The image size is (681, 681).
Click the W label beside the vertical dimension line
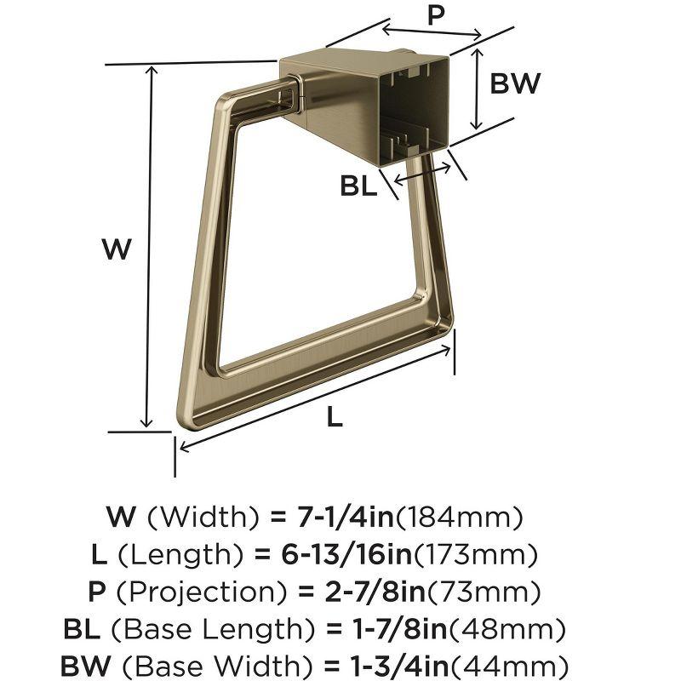(x=117, y=249)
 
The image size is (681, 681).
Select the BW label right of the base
(x=516, y=84)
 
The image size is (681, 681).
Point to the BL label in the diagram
(x=358, y=186)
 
